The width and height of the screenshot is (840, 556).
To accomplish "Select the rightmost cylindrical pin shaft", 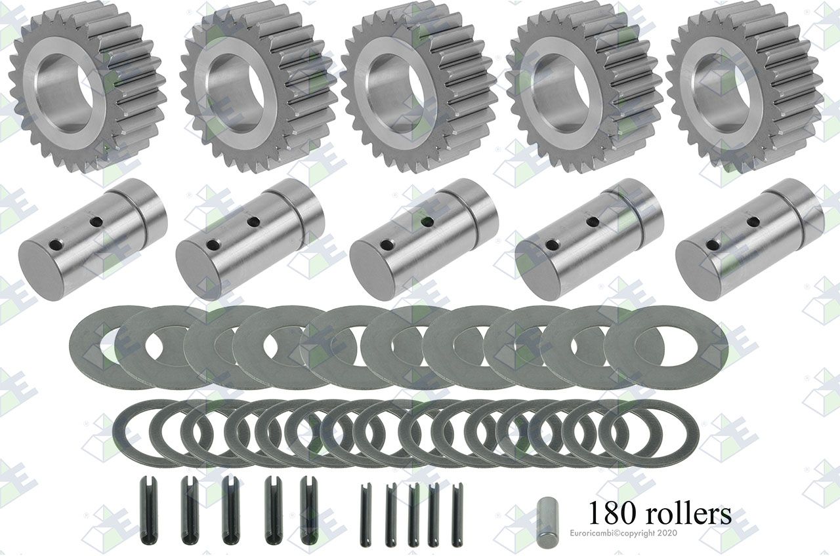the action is point(750,240).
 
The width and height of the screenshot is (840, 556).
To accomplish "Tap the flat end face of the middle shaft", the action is point(373,268).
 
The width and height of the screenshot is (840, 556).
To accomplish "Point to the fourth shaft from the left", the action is point(589,240).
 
